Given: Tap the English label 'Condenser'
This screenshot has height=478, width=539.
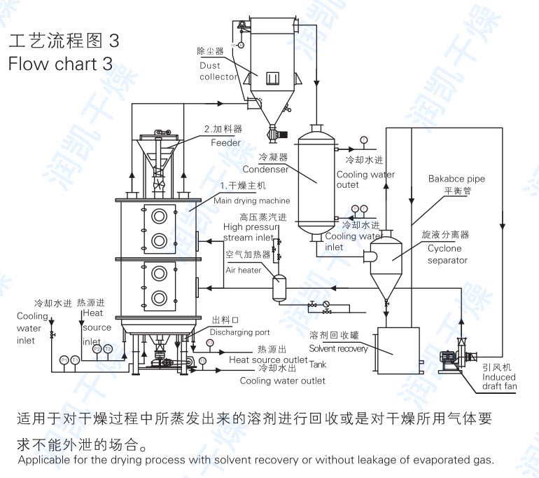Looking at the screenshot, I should pyautogui.click(x=265, y=170).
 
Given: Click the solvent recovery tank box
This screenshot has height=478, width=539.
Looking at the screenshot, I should pyautogui.click(x=398, y=350).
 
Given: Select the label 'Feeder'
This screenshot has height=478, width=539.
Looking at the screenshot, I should pyautogui.click(x=226, y=143).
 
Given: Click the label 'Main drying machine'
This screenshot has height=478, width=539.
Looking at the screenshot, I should pyautogui.click(x=251, y=200).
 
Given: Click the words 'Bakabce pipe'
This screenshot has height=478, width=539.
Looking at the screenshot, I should pyautogui.click(x=456, y=179).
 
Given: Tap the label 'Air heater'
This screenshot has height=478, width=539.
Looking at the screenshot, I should pyautogui.click(x=244, y=270).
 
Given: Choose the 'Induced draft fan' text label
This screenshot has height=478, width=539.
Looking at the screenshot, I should pyautogui.click(x=499, y=381).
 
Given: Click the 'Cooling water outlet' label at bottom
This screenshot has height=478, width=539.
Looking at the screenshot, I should pyautogui.click(x=283, y=381).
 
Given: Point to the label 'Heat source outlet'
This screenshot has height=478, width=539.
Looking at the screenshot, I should pyautogui.click(x=268, y=360).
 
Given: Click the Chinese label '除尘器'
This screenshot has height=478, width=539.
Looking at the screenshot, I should pyautogui.click(x=210, y=52).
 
